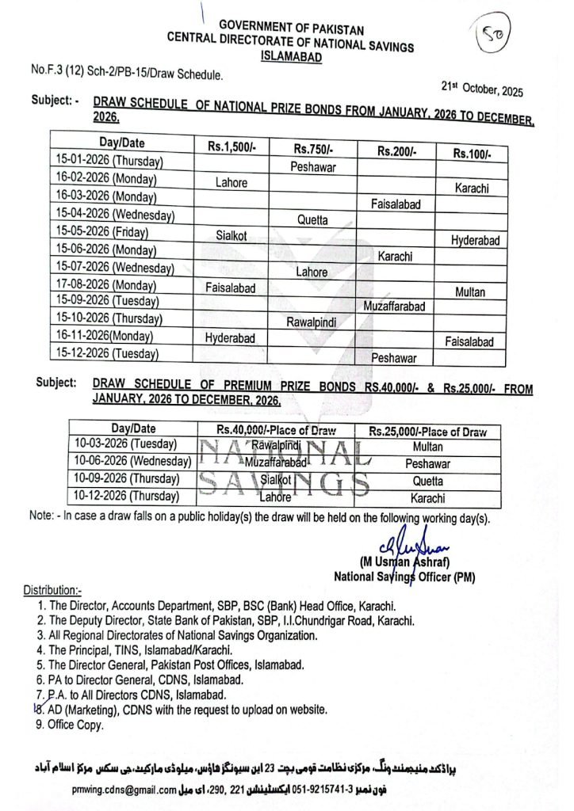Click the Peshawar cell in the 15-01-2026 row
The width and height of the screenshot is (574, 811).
click(x=312, y=167)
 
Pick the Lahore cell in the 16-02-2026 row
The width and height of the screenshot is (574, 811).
click(x=232, y=182)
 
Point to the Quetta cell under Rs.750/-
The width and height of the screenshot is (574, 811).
click(x=312, y=220)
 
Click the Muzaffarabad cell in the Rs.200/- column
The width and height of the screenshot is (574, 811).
click(x=394, y=306)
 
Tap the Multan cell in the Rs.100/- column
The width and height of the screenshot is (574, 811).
click(x=470, y=292)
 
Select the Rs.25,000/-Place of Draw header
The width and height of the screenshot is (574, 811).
click(x=427, y=432)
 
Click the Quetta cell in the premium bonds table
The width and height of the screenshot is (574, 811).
click(x=427, y=482)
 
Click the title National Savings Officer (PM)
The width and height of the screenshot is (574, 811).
click(x=404, y=577)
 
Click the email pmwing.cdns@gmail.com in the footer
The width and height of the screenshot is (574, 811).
click(x=122, y=789)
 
